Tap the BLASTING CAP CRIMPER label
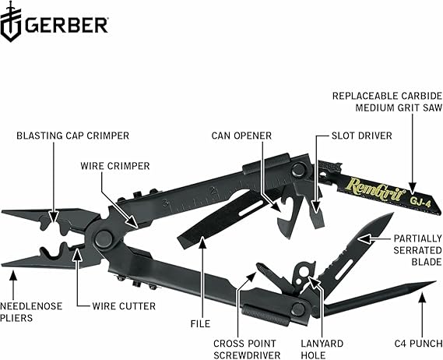(73, 135)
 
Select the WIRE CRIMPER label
(115, 165)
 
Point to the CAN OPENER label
(241, 135)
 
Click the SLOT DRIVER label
(348, 135)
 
